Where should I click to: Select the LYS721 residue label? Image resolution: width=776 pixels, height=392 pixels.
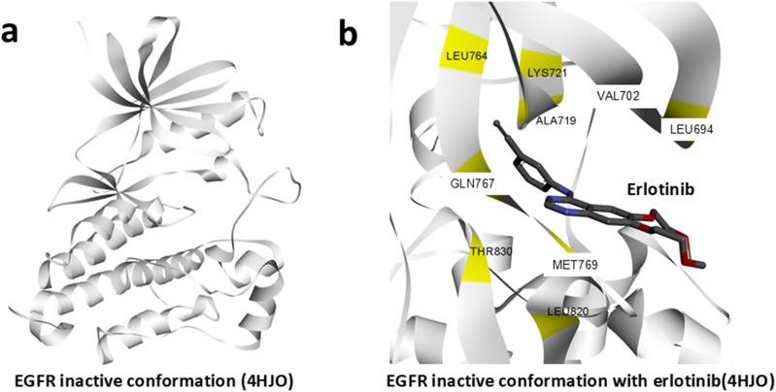pyautogui.click(x=547, y=72)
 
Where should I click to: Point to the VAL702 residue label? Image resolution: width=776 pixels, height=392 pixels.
pyautogui.click(x=620, y=97)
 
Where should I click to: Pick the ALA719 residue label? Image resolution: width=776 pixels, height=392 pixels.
pyautogui.click(x=556, y=122)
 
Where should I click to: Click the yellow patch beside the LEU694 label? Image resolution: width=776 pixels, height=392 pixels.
pyautogui.click(x=688, y=108)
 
